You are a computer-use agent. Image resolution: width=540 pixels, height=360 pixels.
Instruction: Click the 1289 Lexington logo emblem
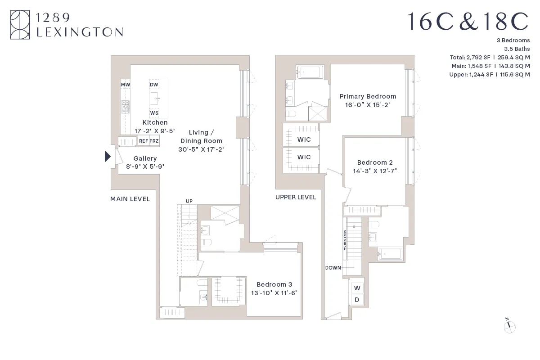[x=21, y=25]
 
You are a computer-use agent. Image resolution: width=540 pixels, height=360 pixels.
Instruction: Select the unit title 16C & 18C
[x=468, y=22]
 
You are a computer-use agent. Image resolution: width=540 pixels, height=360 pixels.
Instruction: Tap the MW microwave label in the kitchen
[x=125, y=85]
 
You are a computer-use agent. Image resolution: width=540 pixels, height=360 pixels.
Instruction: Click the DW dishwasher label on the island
[x=154, y=85]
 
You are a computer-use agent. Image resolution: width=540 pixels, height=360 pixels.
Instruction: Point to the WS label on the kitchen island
[x=154, y=113]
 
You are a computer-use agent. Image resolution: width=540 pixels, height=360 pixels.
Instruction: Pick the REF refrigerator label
[x=144, y=141]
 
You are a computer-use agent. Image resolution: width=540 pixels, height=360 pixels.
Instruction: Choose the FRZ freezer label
[x=154, y=141]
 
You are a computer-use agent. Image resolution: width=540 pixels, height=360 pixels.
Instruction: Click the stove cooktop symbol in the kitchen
[x=125, y=107]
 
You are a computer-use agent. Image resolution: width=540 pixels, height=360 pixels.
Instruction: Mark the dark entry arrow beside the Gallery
[x=108, y=157]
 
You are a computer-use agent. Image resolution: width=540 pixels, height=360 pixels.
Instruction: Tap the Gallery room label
[x=145, y=158]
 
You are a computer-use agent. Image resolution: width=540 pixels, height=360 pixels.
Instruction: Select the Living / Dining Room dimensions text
[x=201, y=149]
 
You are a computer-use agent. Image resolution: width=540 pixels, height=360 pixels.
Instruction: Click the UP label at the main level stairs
[x=189, y=201]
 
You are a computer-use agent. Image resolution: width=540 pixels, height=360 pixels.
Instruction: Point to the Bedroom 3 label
[x=274, y=284]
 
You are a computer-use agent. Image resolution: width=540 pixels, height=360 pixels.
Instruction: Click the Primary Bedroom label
[x=368, y=96]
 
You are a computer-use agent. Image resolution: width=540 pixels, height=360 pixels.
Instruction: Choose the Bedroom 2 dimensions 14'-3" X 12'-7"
[x=375, y=171]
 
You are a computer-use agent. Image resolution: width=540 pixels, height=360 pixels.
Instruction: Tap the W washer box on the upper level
[x=357, y=288]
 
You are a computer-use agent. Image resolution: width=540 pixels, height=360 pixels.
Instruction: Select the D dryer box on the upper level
[x=357, y=300]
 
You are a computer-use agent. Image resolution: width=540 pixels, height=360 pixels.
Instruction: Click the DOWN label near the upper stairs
[x=333, y=268]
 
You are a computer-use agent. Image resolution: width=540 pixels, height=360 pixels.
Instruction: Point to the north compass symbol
[x=509, y=326]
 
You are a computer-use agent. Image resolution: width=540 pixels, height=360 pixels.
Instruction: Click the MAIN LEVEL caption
[x=130, y=199]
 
